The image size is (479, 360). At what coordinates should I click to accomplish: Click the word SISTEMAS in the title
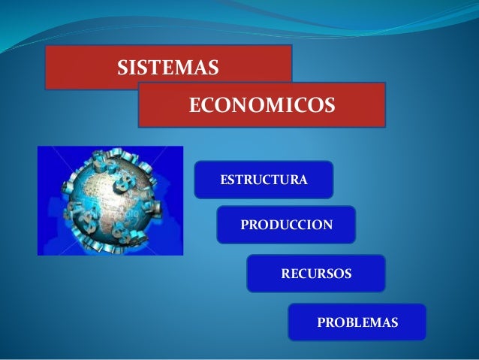coord(168,68)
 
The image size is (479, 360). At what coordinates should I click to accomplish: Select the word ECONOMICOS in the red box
coord(261,105)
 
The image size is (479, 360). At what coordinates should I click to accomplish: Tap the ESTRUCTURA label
coord(263,180)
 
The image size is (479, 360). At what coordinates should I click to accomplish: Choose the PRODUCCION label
coord(286,225)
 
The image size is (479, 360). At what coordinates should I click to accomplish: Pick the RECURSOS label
coord(315,274)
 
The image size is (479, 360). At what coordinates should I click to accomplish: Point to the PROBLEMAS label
coord(357,322)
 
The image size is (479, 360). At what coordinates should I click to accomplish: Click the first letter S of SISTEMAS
coord(122,68)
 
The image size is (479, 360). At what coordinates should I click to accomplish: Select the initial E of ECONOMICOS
coord(194,105)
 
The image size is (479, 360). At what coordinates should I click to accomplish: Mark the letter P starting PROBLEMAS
coord(321,322)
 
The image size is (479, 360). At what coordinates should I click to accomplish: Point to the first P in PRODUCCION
coord(244,225)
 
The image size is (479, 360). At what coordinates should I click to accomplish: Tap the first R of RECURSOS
coord(285,274)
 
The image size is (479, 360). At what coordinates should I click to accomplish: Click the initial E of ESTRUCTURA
coord(223,180)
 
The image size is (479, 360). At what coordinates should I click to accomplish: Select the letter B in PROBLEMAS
coord(349,322)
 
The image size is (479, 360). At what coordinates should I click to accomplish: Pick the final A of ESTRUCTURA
coord(303,180)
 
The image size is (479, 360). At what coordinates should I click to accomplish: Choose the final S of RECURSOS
coord(347,274)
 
